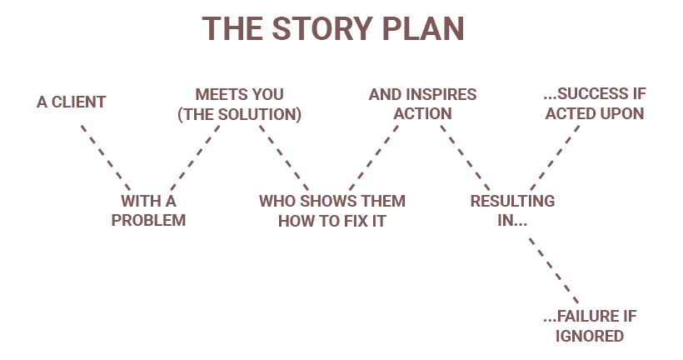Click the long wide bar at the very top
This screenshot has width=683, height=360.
point(332,28)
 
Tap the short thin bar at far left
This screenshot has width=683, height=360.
point(71,102)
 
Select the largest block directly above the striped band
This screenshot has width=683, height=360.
point(240,105)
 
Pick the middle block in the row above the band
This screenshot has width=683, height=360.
point(422,103)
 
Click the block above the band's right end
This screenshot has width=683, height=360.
point(595,103)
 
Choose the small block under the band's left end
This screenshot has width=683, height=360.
point(148,210)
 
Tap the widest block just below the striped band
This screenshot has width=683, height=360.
point(332,210)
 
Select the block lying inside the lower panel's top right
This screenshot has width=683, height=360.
point(512,210)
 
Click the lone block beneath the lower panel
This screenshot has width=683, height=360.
point(590,326)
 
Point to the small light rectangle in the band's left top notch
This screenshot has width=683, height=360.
point(227,133)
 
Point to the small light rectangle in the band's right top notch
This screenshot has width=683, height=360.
point(406,133)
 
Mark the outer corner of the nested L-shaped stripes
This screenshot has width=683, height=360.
point(427,235)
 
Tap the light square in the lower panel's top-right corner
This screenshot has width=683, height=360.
point(567,202)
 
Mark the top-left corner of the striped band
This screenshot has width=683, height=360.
point(81,125)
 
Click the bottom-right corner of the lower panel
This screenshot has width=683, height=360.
point(580,303)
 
